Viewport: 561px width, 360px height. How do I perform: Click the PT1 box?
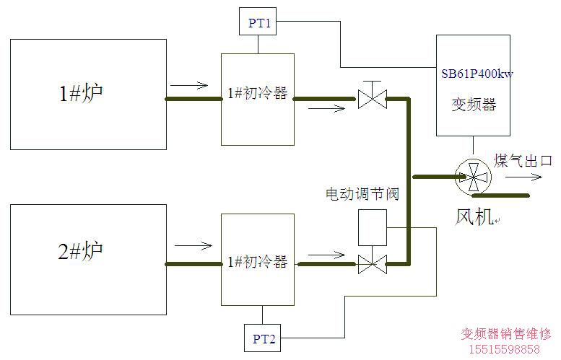pos(259,22)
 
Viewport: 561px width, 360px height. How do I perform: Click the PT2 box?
pos(263,338)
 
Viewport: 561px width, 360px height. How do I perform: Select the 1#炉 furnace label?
pos(81,93)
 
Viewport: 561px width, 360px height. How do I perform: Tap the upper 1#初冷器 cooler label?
pos(256,93)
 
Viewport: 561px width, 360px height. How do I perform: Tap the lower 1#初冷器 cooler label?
pos(256,261)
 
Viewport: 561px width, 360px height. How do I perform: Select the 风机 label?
pos(472,214)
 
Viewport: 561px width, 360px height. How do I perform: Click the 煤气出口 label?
pos(523,160)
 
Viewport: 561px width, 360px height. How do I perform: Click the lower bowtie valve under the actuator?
pos(373,265)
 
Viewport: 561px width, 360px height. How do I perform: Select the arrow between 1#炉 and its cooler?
pos(190,86)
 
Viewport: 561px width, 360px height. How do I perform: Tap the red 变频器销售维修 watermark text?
pos(506,334)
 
